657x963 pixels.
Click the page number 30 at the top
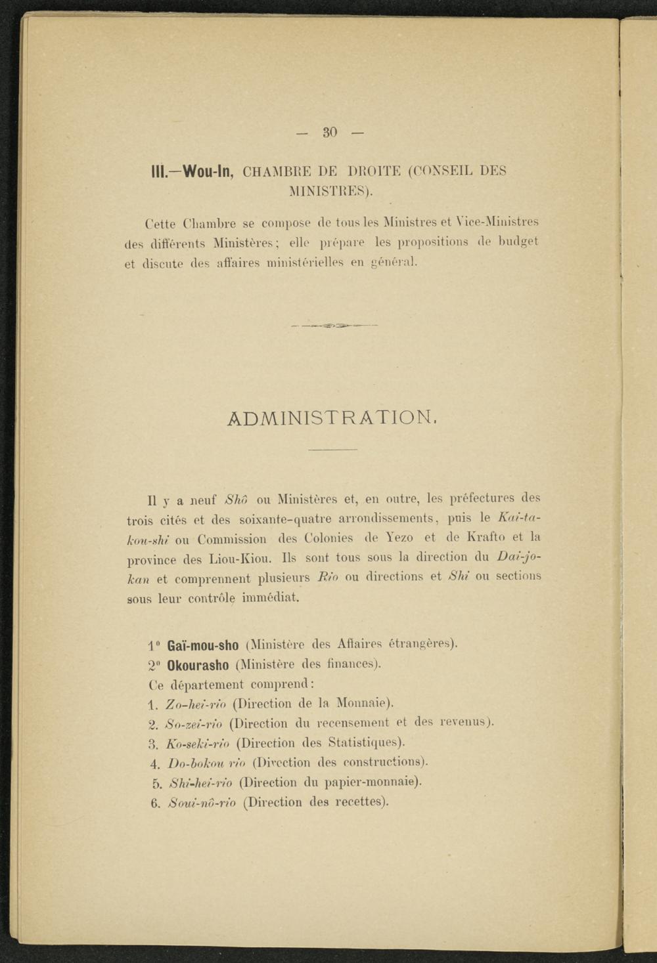click(x=329, y=132)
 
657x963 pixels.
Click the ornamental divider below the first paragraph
click(x=333, y=324)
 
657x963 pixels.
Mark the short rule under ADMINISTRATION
click(x=332, y=450)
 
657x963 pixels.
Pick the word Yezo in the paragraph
click(x=397, y=538)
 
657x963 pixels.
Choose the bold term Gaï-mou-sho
click(x=203, y=645)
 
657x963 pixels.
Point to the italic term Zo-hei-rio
click(x=195, y=704)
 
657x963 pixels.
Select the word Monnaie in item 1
click(x=363, y=703)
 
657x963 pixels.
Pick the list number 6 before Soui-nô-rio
click(x=155, y=803)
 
